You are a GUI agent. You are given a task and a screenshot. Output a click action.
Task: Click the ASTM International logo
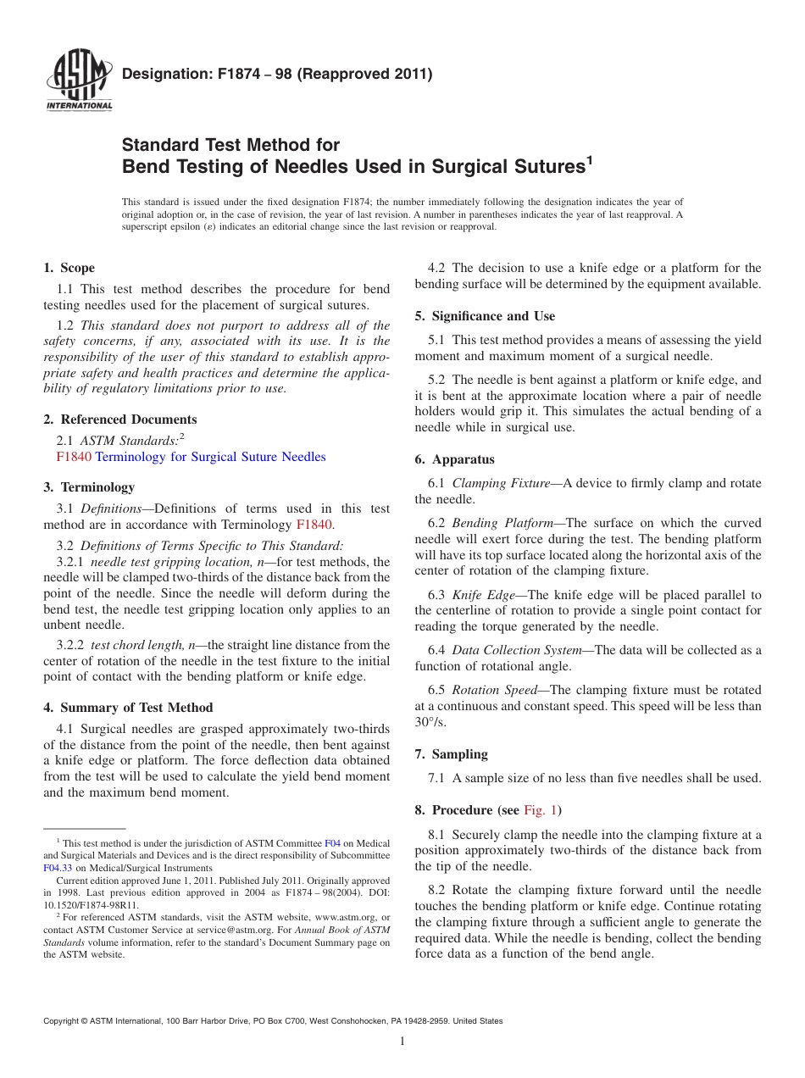coord(78,81)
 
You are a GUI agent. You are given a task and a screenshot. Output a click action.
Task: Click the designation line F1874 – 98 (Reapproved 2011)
coord(277,74)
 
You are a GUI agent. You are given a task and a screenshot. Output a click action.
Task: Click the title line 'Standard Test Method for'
coord(230,145)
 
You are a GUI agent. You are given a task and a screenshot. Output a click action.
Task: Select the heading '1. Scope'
coord(69,268)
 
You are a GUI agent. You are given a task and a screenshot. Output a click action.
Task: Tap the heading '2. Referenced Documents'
coord(119,420)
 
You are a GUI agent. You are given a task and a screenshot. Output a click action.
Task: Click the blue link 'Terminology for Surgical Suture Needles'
coord(210,457)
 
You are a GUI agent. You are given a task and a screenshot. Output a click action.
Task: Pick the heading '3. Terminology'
coord(88,487)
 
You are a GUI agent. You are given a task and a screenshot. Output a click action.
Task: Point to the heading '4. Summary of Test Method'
coord(128,708)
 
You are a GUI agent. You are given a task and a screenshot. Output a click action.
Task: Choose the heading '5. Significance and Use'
coord(485,316)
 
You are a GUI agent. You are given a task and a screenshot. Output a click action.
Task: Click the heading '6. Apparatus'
coord(454,459)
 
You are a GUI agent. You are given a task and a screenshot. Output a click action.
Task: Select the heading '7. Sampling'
coord(451,754)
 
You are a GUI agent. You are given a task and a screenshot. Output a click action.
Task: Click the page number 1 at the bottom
coord(402,1042)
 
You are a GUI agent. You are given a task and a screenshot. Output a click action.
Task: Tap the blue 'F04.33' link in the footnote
coord(58,868)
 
